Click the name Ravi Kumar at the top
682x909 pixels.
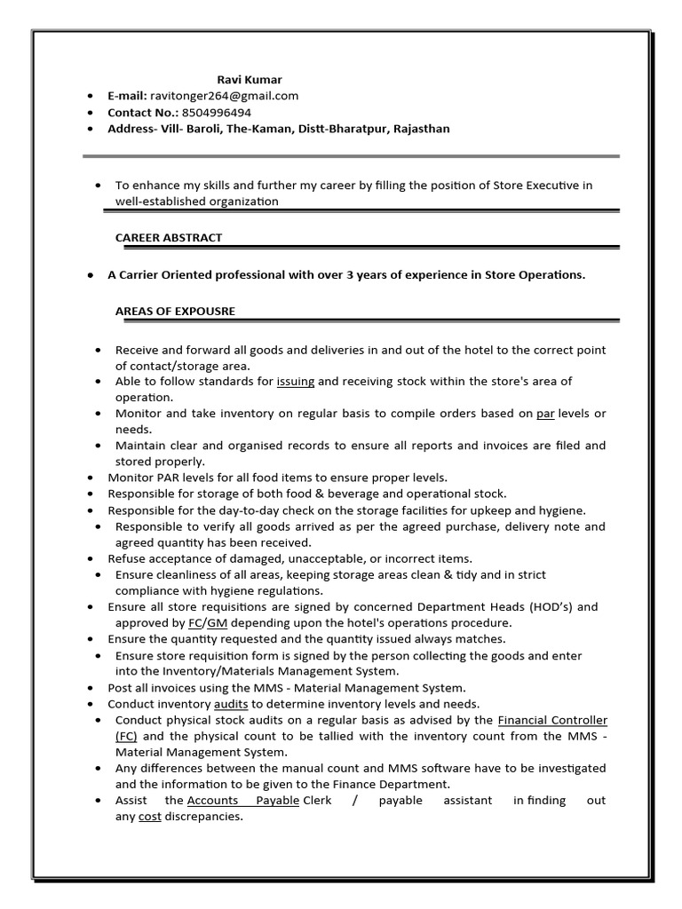coord(250,80)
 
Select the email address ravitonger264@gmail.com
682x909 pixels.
coord(224,96)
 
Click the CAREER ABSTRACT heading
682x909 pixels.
coord(169,238)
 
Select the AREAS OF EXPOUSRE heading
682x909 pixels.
coord(175,311)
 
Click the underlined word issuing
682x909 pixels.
coord(296,381)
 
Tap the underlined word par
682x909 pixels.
coord(545,414)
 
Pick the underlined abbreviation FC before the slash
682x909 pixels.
coord(196,623)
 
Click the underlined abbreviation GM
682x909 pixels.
coord(217,623)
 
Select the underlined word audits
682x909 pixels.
coord(231,704)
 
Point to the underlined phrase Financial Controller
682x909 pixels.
coord(552,720)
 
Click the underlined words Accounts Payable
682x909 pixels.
coord(242,801)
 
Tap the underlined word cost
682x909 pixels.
coord(149,817)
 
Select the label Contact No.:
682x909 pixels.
coord(143,113)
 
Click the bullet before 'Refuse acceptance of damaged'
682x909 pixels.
coord(91,559)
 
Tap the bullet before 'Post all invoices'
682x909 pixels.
coord(91,688)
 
